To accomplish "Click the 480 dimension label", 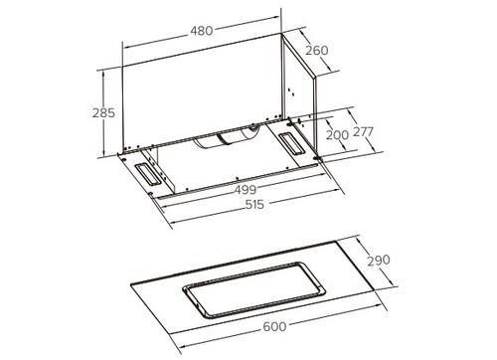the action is pyautogui.click(x=202, y=31).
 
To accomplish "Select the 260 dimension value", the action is pyautogui.click(x=317, y=51).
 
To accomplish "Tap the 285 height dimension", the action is pyautogui.click(x=103, y=113).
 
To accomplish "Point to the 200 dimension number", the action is pyautogui.click(x=337, y=135).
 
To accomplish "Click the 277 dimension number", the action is pyautogui.click(x=363, y=132).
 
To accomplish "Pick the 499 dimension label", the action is pyautogui.click(x=246, y=190).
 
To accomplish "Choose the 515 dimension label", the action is pyautogui.click(x=254, y=205).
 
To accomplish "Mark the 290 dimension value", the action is pyautogui.click(x=379, y=261).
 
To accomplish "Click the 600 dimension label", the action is pyautogui.click(x=274, y=326).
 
